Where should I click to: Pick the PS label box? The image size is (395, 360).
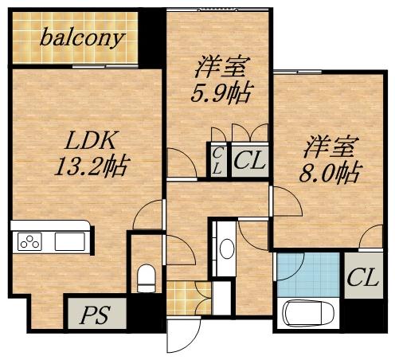click(x=96, y=313)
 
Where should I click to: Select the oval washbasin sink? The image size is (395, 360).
click(x=226, y=249)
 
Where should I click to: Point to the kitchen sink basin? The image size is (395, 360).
click(x=67, y=241)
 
